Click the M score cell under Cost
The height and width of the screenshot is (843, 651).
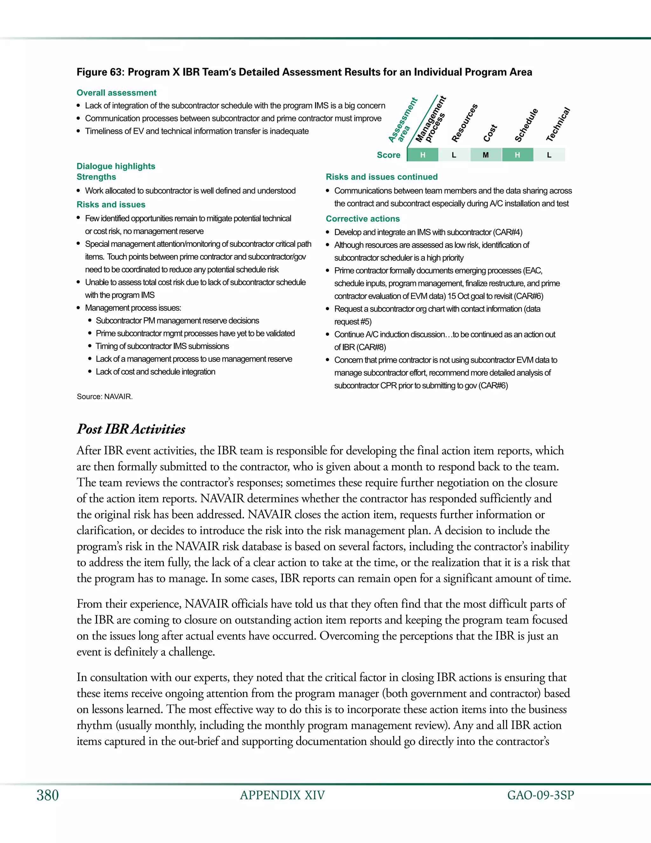486,155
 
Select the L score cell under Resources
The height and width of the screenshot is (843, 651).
454,155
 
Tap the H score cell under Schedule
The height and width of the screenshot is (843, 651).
517,155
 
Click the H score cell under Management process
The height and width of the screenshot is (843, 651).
423,155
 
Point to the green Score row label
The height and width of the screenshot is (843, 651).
388,155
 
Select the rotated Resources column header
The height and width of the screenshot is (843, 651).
464,123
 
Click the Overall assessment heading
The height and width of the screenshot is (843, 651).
116,93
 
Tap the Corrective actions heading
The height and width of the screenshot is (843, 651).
362,219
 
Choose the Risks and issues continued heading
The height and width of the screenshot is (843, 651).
381,177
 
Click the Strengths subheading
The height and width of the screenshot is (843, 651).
96,177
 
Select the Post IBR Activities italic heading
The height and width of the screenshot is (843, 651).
131,429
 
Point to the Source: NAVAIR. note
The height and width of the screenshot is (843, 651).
105,396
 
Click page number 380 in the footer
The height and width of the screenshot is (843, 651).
47,795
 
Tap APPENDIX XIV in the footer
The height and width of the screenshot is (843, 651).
282,795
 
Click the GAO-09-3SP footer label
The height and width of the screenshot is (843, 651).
540,795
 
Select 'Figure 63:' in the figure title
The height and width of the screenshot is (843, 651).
101,72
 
